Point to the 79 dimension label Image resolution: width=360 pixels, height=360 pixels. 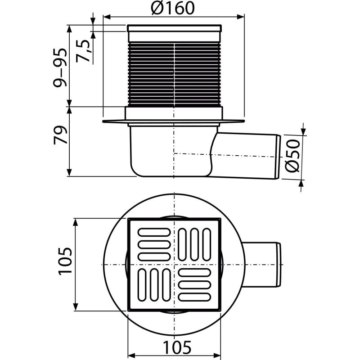tap(60, 135)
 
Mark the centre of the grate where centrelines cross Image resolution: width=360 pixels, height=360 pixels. tap(174, 264)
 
